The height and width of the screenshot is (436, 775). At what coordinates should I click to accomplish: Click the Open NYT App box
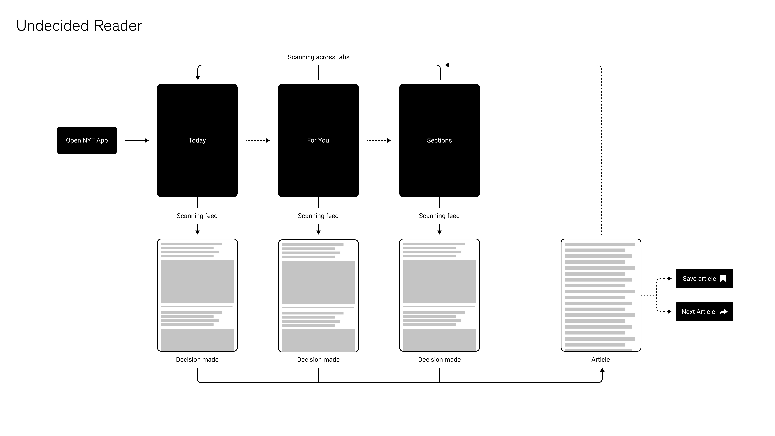pos(87,140)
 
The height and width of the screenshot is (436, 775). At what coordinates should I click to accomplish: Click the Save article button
pos(704,279)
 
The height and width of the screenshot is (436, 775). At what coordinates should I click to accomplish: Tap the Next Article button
pos(704,312)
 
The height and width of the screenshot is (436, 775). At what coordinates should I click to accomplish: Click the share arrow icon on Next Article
pos(724,312)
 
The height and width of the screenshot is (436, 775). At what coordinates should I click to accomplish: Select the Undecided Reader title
pos(79,26)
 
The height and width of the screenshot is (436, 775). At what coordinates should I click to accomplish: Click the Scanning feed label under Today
pos(197,216)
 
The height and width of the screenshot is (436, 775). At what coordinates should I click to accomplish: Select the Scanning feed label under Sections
pos(439,216)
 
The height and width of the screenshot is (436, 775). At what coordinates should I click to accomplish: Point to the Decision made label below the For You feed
pos(318,360)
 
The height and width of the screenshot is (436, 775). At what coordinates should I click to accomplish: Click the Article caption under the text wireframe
pos(601,360)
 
